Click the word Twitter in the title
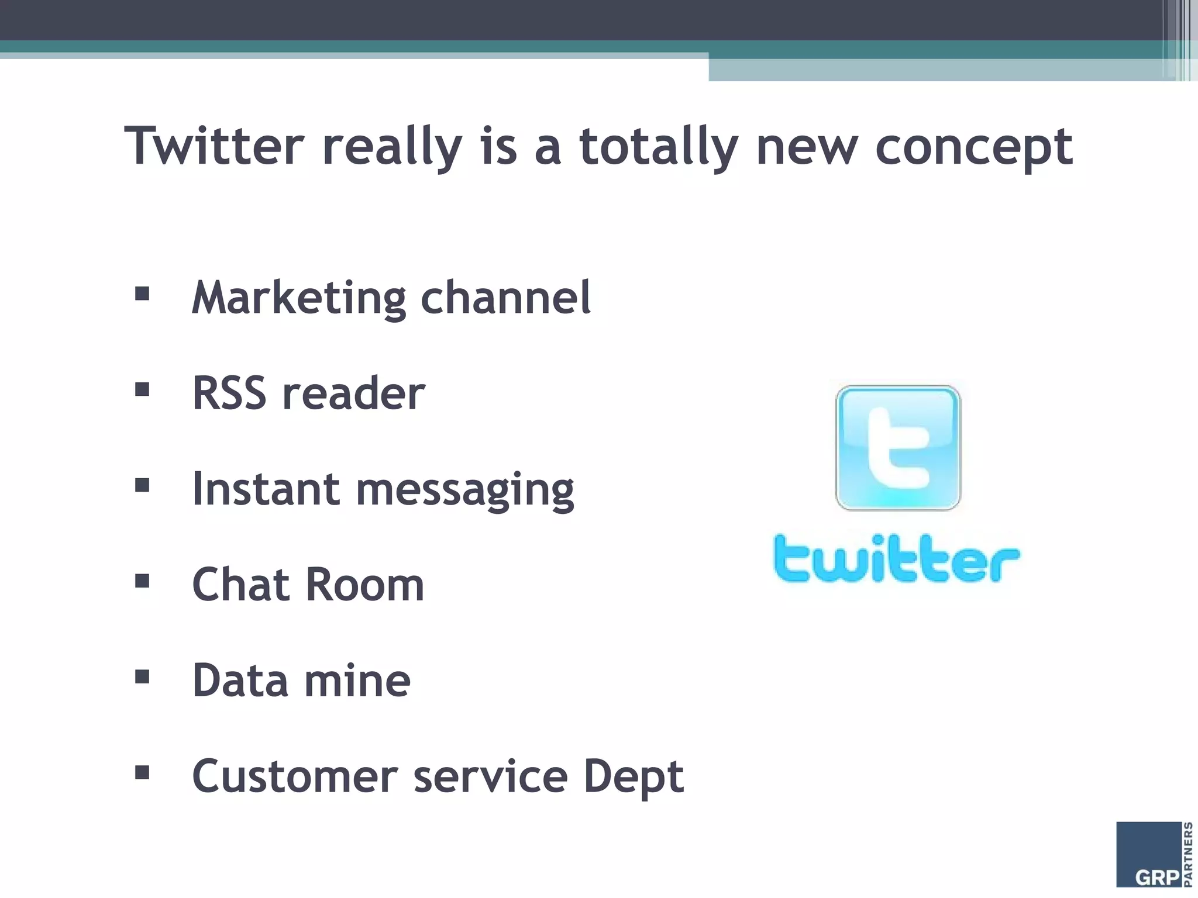tap(215, 146)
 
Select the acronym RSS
tap(229, 393)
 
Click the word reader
tap(354, 393)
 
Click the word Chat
tap(241, 584)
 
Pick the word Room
tap(365, 584)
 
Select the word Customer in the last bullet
tap(295, 776)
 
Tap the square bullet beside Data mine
tap(142, 677)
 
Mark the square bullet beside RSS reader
tap(142, 389)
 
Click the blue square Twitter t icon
tap(898, 448)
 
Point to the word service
tap(491, 776)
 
